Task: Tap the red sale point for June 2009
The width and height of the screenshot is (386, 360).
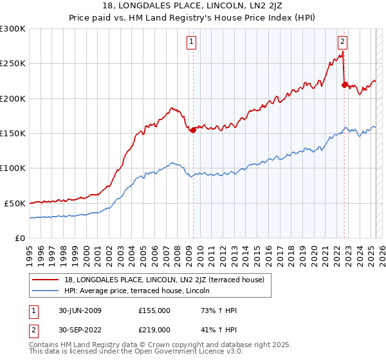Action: click(193, 130)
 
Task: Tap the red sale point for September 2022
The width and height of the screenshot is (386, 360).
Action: click(345, 85)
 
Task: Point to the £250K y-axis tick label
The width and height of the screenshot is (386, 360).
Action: click(14, 64)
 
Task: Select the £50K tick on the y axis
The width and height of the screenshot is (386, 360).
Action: click(15, 203)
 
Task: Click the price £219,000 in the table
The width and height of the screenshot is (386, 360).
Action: click(154, 329)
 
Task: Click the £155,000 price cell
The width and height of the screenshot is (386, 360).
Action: click(154, 310)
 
